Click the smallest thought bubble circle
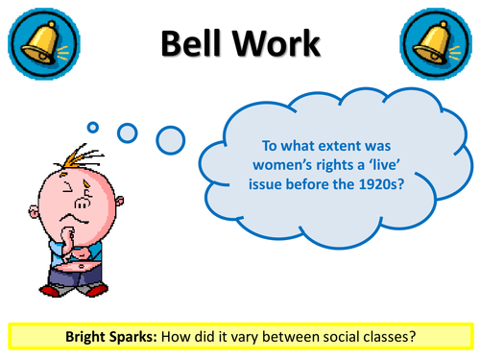point(93,125)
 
